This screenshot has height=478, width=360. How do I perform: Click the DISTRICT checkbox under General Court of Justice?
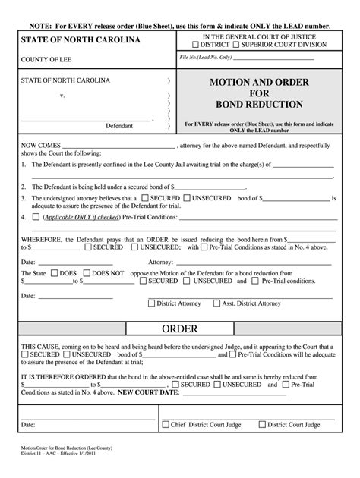(197, 44)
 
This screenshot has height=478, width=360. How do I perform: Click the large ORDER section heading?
(180, 329)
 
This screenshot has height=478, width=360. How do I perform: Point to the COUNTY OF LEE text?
(46, 63)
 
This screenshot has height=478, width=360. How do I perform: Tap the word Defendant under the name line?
(118, 126)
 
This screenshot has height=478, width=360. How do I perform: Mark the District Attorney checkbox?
(152, 303)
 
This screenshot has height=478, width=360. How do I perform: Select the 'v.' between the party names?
(62, 96)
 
